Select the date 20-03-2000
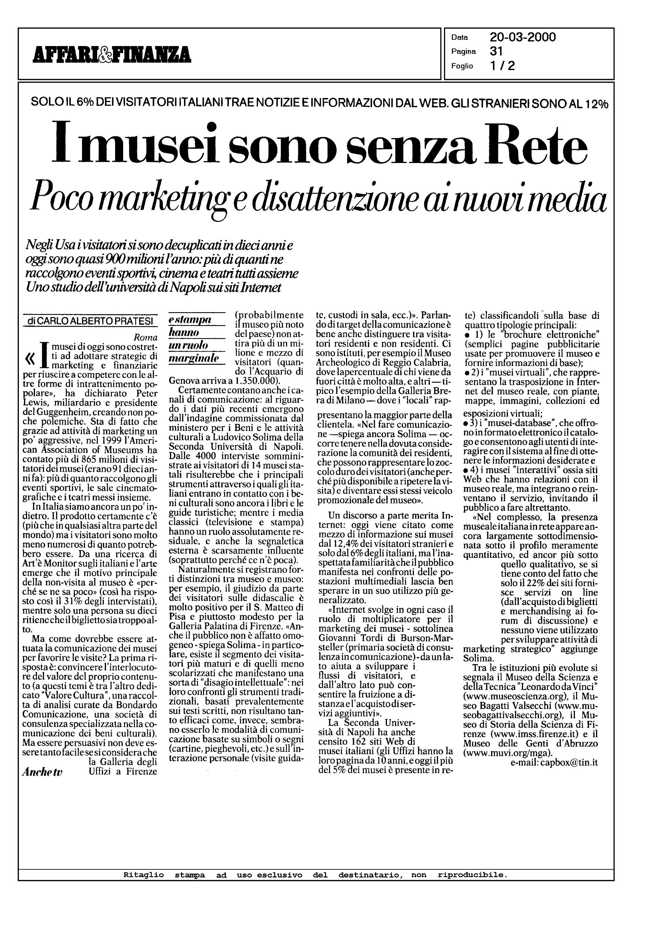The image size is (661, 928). click(x=523, y=37)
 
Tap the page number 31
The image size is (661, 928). click(x=497, y=51)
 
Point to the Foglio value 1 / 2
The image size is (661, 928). click(x=502, y=66)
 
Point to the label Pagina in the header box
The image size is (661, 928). click(x=463, y=52)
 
